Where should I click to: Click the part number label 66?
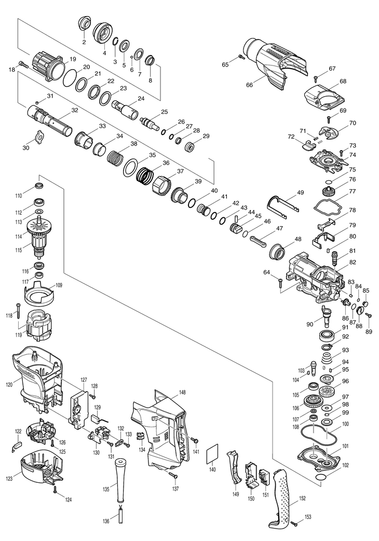point(249,85)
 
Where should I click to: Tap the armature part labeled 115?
point(40,245)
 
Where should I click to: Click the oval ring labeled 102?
point(321,477)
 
